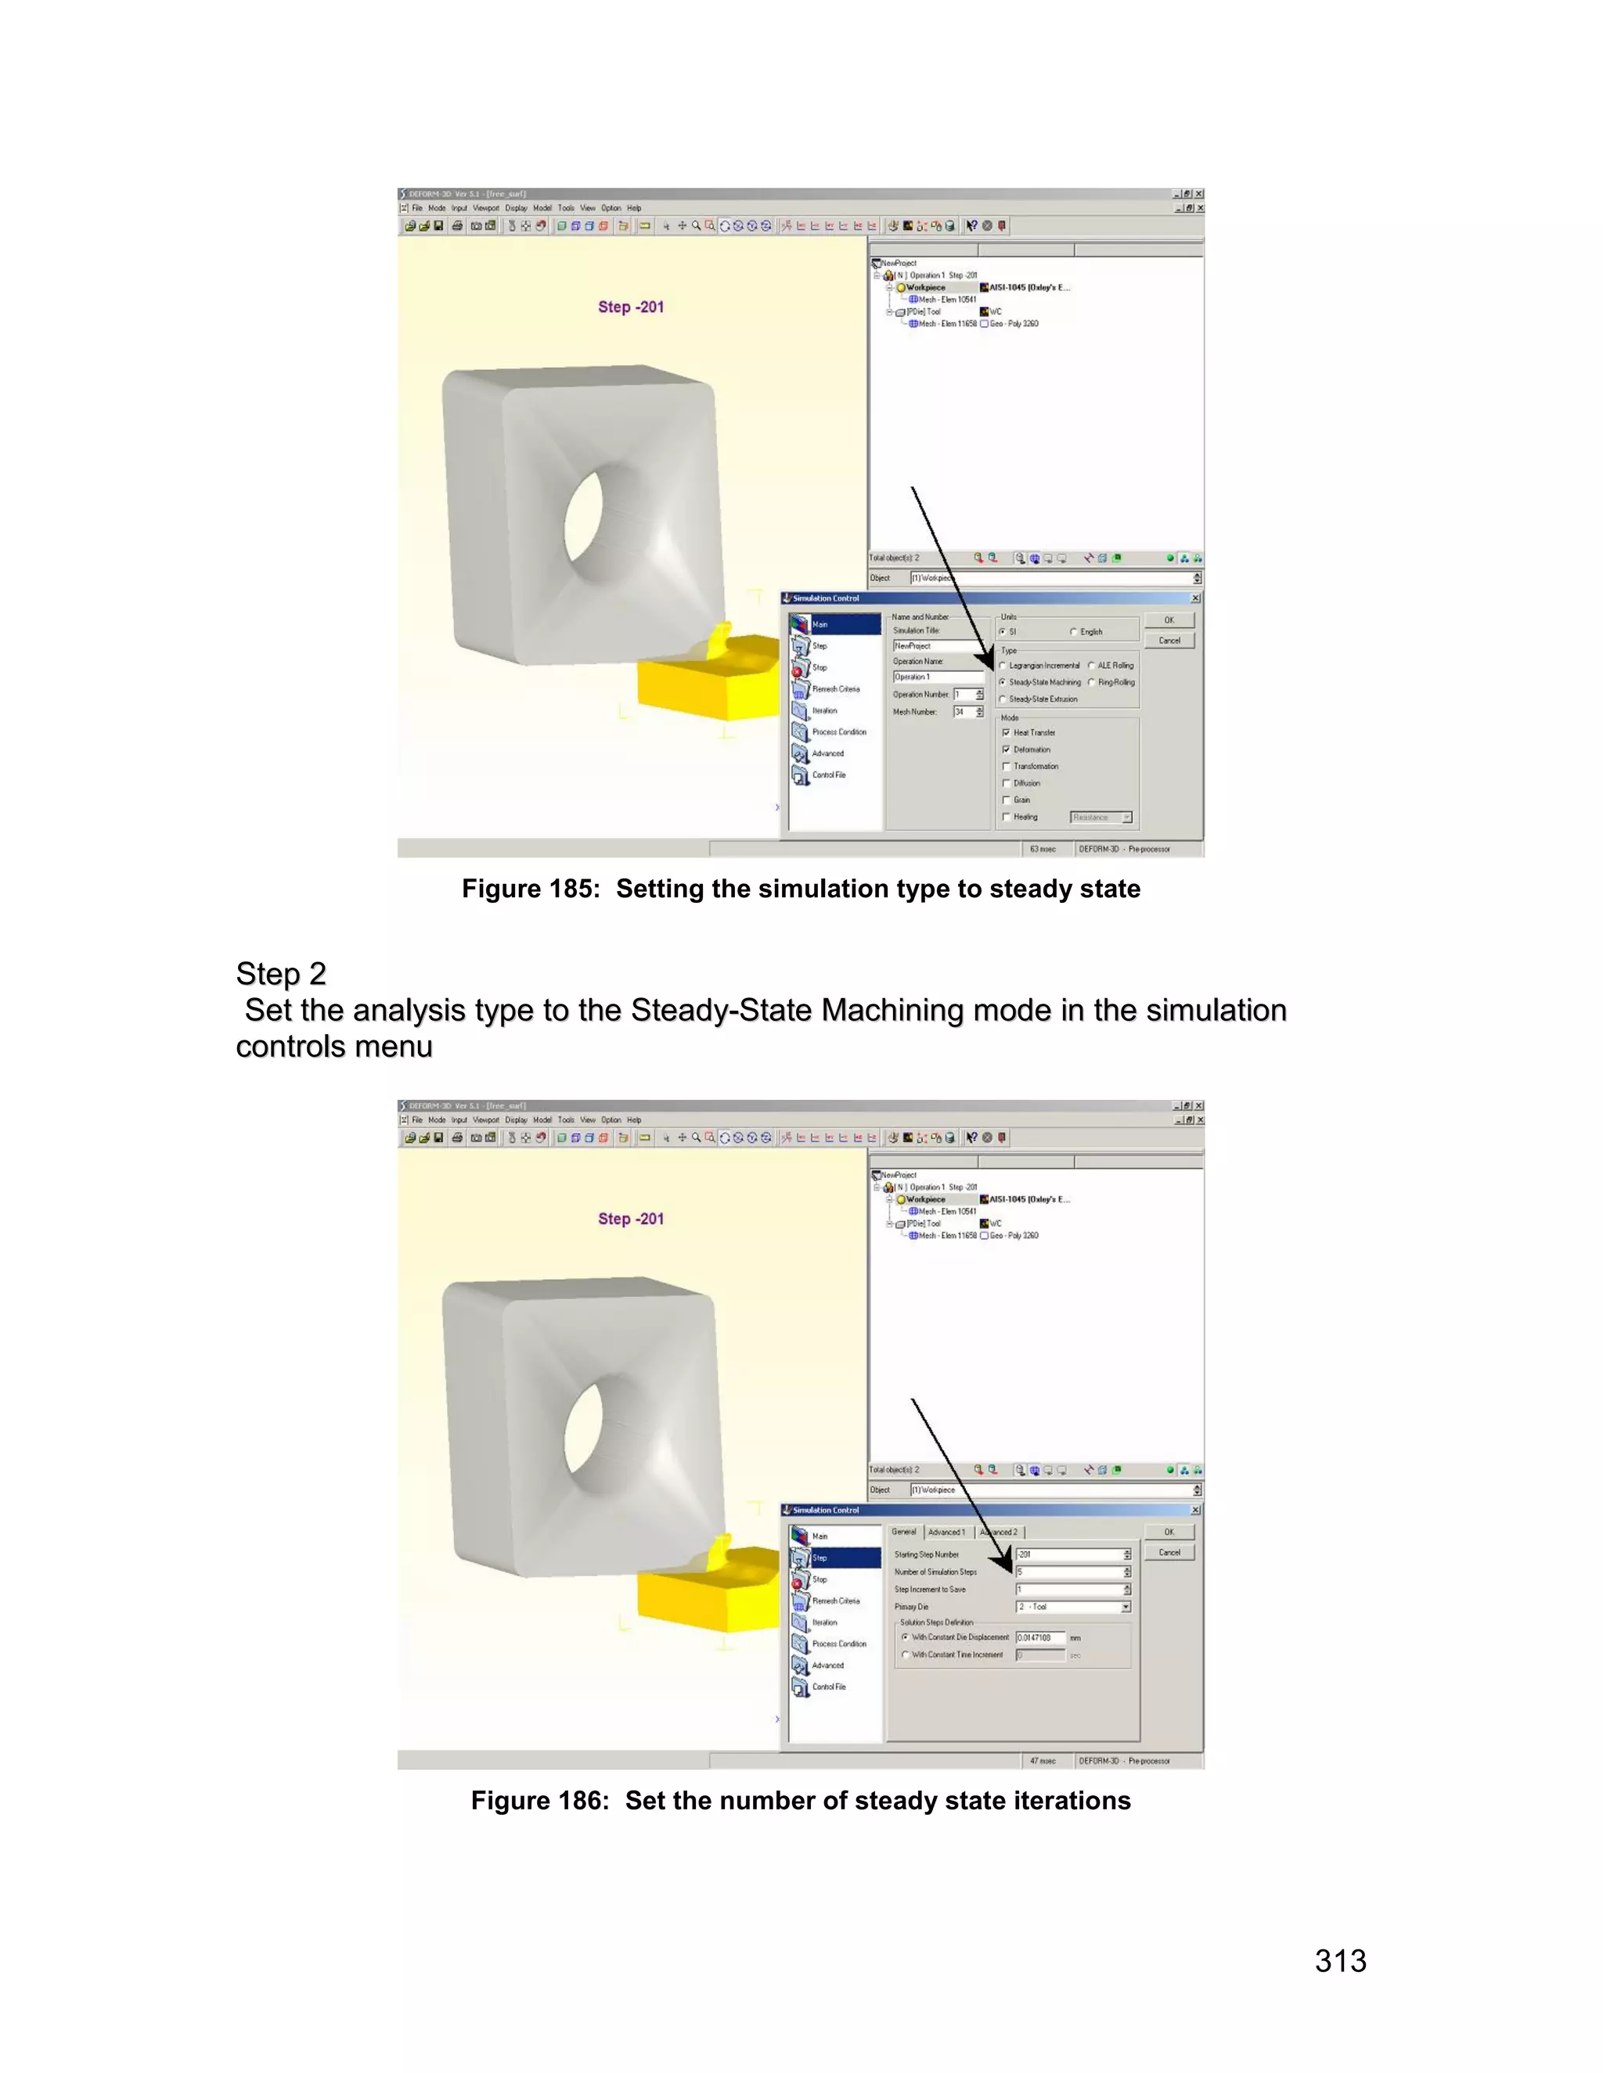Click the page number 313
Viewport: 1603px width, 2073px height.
(1340, 1960)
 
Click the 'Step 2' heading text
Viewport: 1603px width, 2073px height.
(281, 974)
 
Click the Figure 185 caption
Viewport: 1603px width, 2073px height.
(801, 889)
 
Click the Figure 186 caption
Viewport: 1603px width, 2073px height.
(801, 1801)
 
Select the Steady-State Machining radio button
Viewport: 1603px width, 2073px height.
(1003, 682)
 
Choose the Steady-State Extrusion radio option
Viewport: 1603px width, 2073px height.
(1003, 699)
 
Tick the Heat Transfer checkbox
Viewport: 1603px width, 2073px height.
(1007, 733)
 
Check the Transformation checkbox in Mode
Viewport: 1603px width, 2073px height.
(1007, 767)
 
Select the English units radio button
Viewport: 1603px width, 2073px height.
(1074, 632)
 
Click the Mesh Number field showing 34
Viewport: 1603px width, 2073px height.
(964, 712)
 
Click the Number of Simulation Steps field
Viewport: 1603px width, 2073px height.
(1068, 1572)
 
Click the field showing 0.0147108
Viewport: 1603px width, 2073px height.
(1040, 1637)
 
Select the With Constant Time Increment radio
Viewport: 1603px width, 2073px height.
(905, 1654)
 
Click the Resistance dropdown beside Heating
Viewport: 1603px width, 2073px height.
(1100, 817)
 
